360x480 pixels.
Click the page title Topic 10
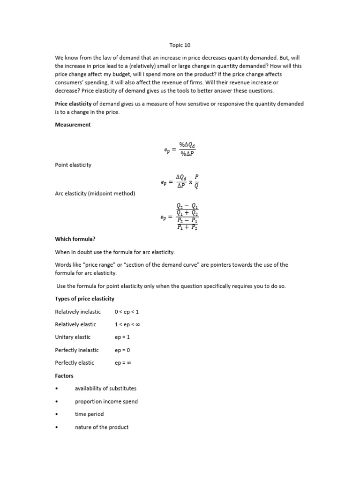[x=180, y=45]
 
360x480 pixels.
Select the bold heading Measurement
[x=73, y=125]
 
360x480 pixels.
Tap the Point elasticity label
[x=73, y=165]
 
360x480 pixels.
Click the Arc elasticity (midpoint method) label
[x=95, y=194]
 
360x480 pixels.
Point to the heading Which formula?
[x=75, y=239]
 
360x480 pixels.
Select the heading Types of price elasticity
[x=84, y=299]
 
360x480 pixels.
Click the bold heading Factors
[x=64, y=375]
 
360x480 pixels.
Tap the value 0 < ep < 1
[x=127, y=312]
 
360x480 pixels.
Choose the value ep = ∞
[x=123, y=363]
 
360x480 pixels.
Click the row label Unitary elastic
[x=73, y=337]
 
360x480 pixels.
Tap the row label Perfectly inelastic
[x=77, y=350]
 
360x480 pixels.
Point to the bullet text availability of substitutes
[x=105, y=389]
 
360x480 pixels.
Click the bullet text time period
[x=89, y=414]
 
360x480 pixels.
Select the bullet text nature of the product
[x=101, y=427]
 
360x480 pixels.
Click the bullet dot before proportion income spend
[x=56, y=402]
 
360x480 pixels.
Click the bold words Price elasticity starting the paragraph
[x=73, y=104]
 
